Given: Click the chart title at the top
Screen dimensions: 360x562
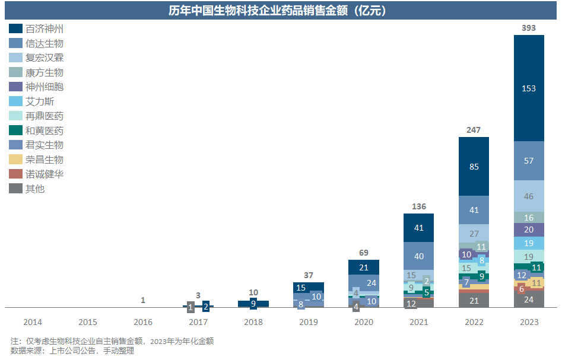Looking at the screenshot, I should (280, 11).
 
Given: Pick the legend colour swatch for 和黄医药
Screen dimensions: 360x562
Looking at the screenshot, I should (16, 130).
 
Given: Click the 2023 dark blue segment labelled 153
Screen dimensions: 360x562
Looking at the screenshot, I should (528, 88).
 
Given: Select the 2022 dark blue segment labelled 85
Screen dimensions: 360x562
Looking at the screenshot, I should (474, 167).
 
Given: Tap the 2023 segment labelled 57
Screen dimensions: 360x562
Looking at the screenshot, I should (528, 161).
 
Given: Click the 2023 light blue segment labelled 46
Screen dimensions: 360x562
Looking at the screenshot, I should (528, 196).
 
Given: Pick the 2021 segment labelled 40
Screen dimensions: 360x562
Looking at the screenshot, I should (418, 256).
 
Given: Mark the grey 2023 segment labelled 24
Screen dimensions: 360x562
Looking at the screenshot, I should (528, 300).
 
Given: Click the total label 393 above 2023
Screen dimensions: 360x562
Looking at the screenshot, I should (528, 28).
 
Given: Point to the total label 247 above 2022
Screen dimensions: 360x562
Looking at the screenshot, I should (474, 130).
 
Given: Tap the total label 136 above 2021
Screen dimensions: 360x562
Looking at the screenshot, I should (418, 206).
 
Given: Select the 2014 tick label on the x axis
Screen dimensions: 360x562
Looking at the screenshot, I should (33, 322).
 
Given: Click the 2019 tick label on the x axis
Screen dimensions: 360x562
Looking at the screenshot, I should (308, 322).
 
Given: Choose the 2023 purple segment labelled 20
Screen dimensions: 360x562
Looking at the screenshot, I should (528, 230).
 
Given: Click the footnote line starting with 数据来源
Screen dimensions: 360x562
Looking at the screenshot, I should (72, 351).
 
